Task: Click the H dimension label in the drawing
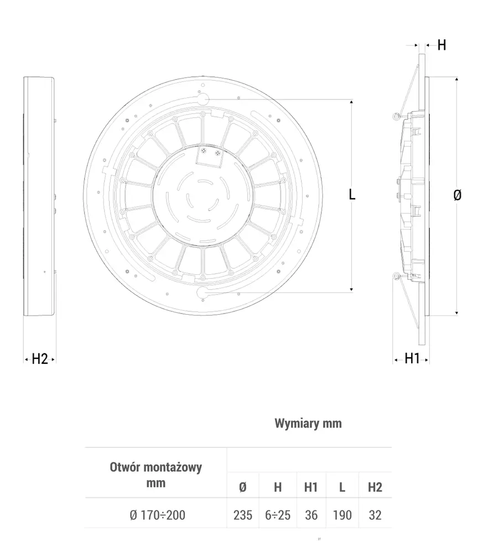(x=442, y=45)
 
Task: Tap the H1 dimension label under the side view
(x=412, y=358)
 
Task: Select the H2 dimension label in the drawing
(x=40, y=359)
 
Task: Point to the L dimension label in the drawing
(x=352, y=194)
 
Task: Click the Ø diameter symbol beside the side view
(x=457, y=195)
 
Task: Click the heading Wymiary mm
(x=308, y=424)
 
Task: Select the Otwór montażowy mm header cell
(x=156, y=474)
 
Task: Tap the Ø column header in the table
(x=242, y=487)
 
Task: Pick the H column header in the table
(x=278, y=487)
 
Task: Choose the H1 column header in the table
(x=311, y=487)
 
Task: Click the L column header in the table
(x=342, y=487)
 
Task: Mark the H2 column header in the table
(x=375, y=487)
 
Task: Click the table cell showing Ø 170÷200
(x=157, y=515)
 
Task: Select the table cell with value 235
(x=242, y=515)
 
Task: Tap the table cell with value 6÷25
(x=278, y=515)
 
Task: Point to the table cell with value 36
(x=311, y=515)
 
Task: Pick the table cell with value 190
(x=342, y=515)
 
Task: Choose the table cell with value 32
(x=375, y=515)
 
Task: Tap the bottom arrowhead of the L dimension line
(x=351, y=289)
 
